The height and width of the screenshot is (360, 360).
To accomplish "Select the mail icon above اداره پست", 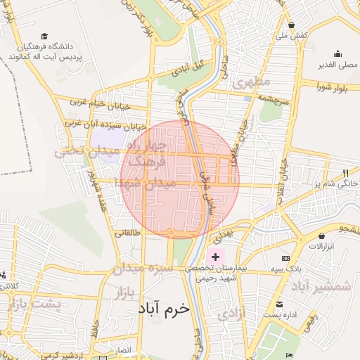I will coord(280,304).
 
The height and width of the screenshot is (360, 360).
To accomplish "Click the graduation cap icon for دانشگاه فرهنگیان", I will coord(44,36).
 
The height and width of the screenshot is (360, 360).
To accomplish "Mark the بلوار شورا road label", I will coord(332,87).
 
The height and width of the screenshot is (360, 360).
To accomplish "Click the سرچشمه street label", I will coord(274,102).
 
